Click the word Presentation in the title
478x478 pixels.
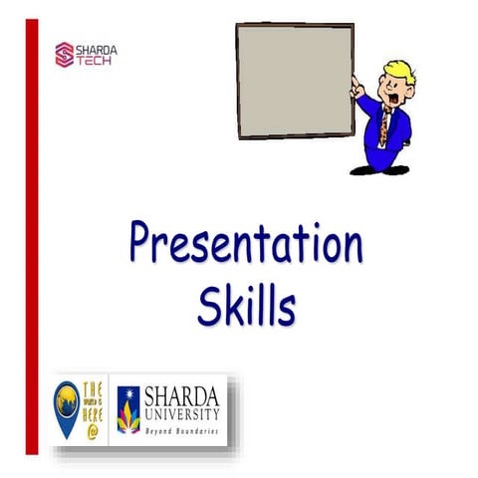(x=244, y=246)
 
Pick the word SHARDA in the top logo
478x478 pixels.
(x=96, y=46)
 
